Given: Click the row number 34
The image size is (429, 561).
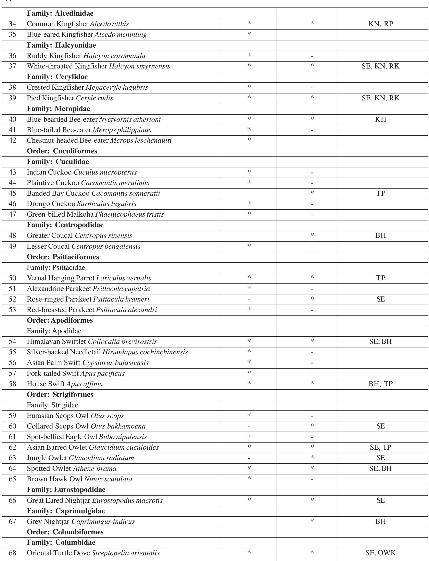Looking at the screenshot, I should (12, 24).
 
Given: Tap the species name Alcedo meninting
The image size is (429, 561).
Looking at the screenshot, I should (121, 35).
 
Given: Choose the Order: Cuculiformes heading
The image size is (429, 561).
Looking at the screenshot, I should (62, 151).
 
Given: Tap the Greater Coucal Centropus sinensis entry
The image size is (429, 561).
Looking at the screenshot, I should (79, 236).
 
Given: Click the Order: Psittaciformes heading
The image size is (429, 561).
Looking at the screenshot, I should (63, 257).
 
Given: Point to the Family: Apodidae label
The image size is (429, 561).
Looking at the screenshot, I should (54, 331).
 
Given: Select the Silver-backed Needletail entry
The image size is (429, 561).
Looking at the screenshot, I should (107, 352).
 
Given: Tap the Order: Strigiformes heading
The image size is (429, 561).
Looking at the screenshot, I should (60, 395).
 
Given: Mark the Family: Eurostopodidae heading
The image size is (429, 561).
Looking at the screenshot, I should (66, 490).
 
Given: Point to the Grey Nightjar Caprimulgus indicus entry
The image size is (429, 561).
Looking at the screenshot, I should (81, 521).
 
